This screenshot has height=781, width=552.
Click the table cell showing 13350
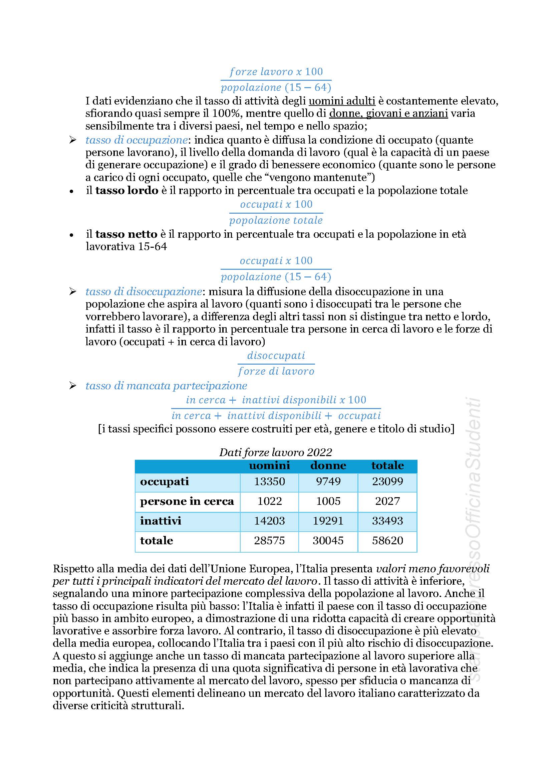click(269, 481)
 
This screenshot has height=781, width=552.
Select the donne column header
click(328, 465)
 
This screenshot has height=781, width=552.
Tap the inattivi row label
click(161, 521)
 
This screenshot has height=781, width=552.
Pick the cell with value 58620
click(387, 541)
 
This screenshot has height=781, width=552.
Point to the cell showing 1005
click(328, 501)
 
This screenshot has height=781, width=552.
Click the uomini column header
click(269, 465)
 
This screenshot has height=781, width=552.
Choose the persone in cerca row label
click(187, 501)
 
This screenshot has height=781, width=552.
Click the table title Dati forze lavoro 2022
click(276, 452)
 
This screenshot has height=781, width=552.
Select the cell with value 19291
click(328, 521)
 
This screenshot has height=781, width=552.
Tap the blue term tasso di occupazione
click(136, 140)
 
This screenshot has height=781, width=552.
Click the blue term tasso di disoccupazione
click(144, 291)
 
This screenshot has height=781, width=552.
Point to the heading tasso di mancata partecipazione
click(166, 386)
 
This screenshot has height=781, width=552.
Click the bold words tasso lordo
click(127, 190)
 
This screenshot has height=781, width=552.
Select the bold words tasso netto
click(126, 234)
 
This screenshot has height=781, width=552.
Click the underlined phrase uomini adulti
click(342, 101)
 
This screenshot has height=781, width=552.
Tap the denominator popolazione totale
click(276, 220)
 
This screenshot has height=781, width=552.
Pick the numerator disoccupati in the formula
click(276, 356)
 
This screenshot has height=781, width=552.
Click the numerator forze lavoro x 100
click(276, 72)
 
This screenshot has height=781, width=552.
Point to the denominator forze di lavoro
click(276, 371)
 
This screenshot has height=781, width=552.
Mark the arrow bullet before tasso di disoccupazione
click(72, 291)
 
